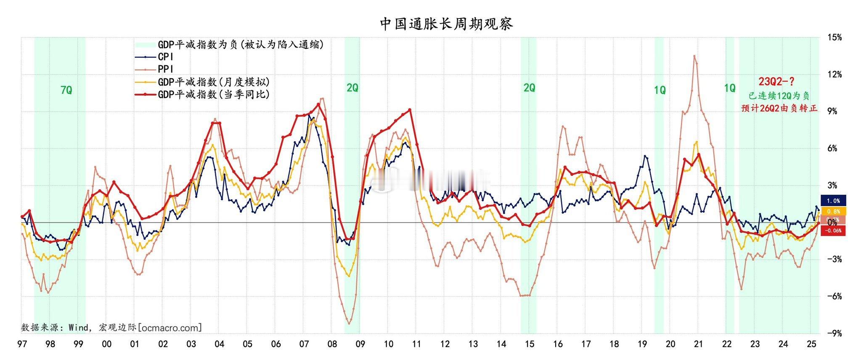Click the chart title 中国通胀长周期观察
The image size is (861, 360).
pyautogui.click(x=446, y=24)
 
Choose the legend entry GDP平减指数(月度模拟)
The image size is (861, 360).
pyautogui.click(x=214, y=82)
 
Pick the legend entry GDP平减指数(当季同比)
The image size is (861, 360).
pyautogui.click(x=214, y=94)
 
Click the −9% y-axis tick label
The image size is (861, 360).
pyautogui.click(x=834, y=334)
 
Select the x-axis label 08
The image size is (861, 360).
pyautogui.click(x=332, y=344)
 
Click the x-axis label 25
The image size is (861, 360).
pyautogui.click(x=811, y=344)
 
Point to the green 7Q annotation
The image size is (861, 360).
pyautogui.click(x=66, y=90)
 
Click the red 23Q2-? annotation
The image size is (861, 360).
pyautogui.click(x=776, y=81)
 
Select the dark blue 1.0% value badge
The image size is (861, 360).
pyautogui.click(x=833, y=201)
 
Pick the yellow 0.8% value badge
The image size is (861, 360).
pyautogui.click(x=833, y=211)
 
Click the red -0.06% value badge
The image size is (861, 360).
pyautogui.click(x=833, y=230)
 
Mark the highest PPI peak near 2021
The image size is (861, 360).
pyautogui.click(x=694, y=56)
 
